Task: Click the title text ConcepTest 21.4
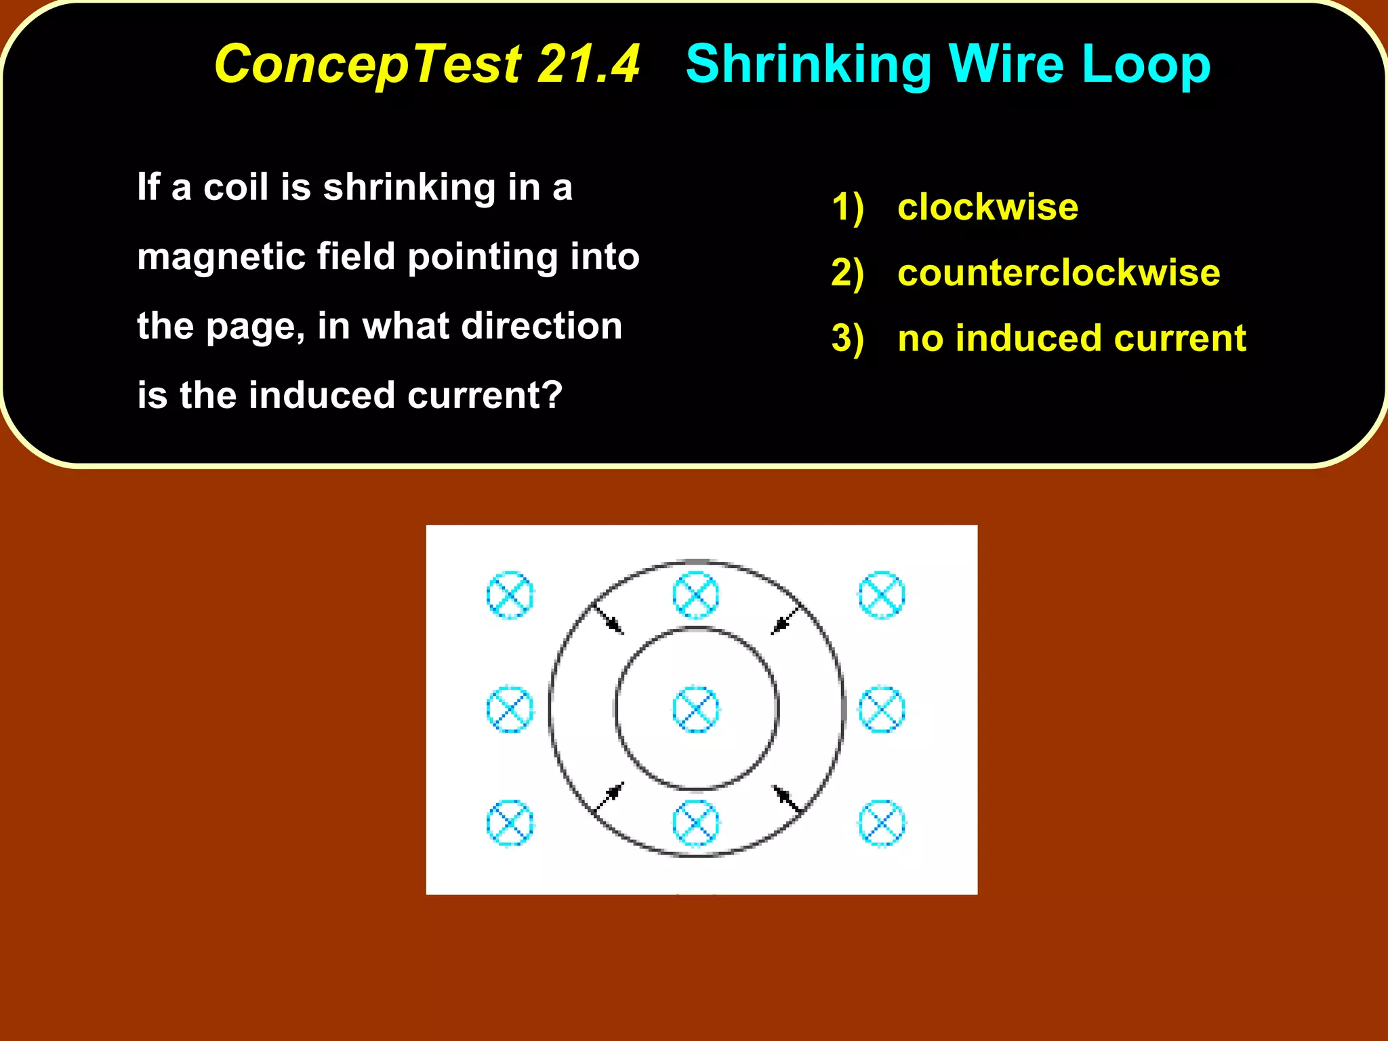427,64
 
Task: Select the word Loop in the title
1145,65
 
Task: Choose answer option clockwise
987,207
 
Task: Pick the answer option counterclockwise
1059,272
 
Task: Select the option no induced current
1071,338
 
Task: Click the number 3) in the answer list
847,338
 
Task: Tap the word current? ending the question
485,395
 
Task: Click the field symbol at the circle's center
695,710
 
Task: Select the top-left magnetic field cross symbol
510,595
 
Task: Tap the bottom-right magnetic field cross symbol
881,823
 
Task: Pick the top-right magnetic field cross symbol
881,595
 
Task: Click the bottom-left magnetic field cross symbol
510,823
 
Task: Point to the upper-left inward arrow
608,619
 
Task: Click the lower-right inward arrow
787,798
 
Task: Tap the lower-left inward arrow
609,798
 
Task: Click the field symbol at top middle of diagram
695,595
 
